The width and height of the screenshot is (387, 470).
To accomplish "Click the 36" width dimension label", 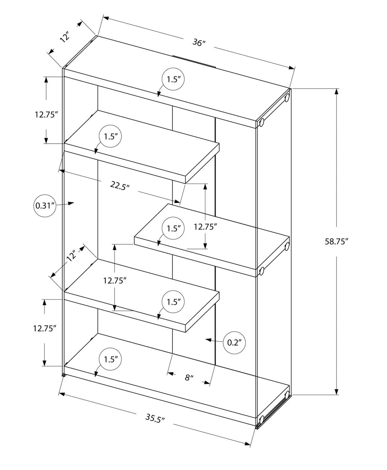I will pyautogui.click(x=199, y=42).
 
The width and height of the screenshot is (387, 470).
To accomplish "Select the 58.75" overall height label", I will pyautogui.click(x=337, y=241).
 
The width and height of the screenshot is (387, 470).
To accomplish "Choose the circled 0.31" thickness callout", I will pyautogui.click(x=45, y=205).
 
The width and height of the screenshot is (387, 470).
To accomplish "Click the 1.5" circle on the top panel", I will pyautogui.click(x=173, y=79).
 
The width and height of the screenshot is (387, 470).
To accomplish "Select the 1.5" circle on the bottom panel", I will pyautogui.click(x=110, y=359).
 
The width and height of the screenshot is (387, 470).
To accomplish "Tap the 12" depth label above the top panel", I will pyautogui.click(x=65, y=37).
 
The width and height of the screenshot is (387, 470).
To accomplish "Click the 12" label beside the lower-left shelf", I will pyautogui.click(x=71, y=255).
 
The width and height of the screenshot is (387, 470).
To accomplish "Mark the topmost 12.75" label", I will pyautogui.click(x=46, y=114).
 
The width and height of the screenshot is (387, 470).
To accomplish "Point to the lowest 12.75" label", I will pyautogui.click(x=45, y=328).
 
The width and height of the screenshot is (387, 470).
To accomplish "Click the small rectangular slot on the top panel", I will pyautogui.click(x=194, y=61).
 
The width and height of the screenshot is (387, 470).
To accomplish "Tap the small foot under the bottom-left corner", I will pyautogui.click(x=64, y=375).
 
